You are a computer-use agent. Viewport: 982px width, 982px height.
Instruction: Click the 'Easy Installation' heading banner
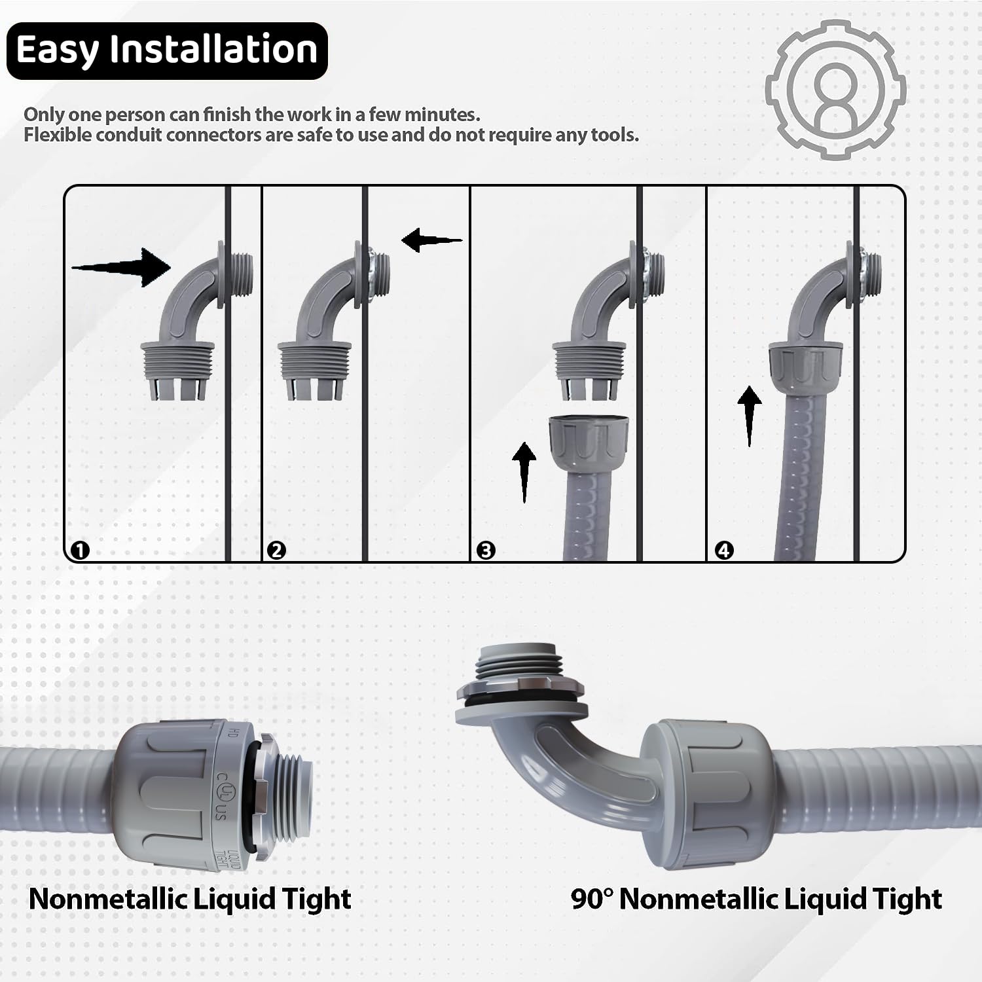pos(167,51)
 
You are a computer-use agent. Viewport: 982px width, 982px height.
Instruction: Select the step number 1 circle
pos(80,550)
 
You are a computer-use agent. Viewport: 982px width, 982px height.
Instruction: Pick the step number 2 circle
pos(277,550)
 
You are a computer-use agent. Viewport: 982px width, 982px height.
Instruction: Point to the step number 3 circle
pos(486,550)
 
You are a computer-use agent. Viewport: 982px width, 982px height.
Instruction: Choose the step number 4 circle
pos(724,550)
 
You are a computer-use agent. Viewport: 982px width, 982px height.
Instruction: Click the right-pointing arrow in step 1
pos(121,267)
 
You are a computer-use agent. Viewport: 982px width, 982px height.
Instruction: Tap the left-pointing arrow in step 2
pos(431,240)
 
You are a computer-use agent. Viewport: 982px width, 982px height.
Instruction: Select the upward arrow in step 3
pos(524,472)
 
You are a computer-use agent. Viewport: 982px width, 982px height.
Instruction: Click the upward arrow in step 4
pos(750,416)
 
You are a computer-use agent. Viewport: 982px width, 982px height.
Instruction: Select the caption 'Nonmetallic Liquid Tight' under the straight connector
pos(190,899)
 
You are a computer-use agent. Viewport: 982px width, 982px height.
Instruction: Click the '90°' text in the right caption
pos(591,898)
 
